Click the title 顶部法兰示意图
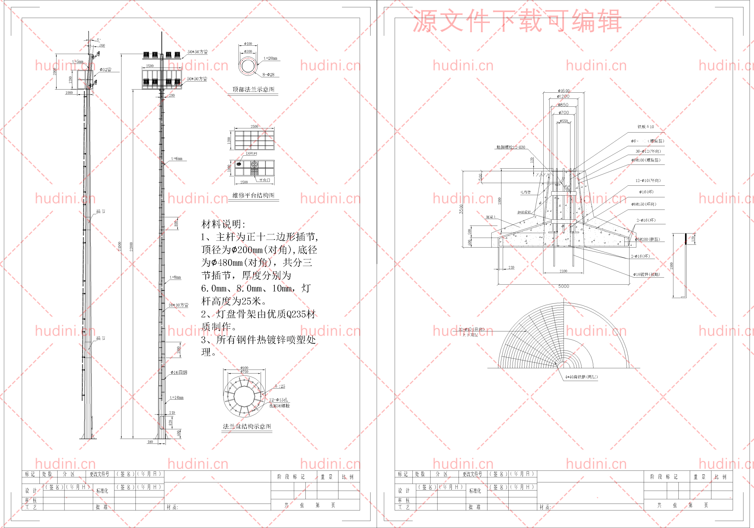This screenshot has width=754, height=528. click(253, 89)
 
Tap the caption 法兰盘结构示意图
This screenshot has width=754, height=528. click(247, 426)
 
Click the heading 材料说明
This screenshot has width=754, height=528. click(223, 224)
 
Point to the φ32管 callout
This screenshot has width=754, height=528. click(105, 69)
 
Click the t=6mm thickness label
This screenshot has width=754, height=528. click(177, 159)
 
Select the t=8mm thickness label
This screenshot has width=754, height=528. click(175, 277)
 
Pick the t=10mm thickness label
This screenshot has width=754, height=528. click(177, 397)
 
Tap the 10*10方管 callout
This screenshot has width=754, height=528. click(178, 305)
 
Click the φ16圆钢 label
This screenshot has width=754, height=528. click(179, 373)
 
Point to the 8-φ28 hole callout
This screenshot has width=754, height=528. click(268, 74)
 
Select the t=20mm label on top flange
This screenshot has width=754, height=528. click(270, 58)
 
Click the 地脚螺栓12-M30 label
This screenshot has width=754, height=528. click(511, 147)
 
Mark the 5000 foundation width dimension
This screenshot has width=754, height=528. click(563, 286)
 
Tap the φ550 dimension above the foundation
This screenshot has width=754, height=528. click(563, 121)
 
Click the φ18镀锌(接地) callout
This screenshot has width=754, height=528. click(646, 274)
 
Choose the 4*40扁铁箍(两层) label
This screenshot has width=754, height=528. click(581, 377)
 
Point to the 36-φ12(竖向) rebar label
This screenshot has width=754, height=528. click(648, 151)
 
